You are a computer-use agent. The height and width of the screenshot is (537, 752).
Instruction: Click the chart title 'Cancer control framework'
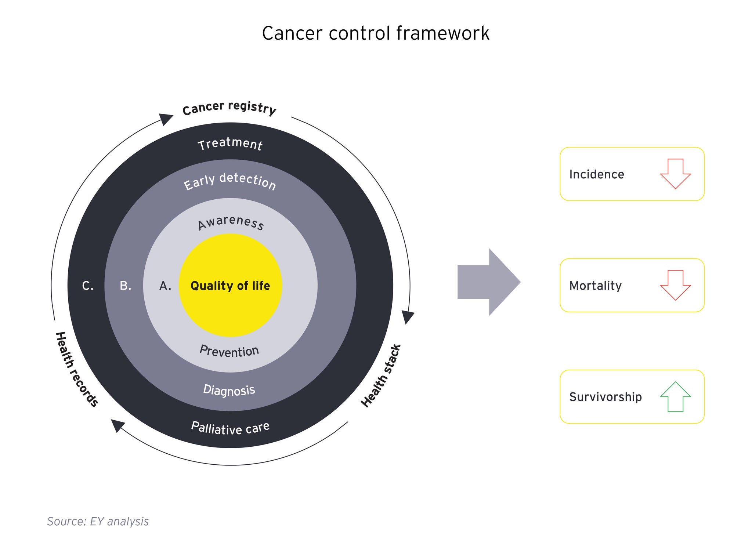click(x=375, y=33)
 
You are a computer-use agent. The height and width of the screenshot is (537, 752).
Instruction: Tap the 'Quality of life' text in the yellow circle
click(x=230, y=286)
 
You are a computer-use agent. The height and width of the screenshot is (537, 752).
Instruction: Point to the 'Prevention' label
click(x=229, y=351)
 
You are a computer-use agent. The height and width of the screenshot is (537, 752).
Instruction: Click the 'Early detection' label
click(x=230, y=181)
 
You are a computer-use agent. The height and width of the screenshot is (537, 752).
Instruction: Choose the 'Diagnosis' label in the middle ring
click(x=229, y=390)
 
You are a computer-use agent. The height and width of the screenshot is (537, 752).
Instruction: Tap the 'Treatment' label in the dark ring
click(x=230, y=144)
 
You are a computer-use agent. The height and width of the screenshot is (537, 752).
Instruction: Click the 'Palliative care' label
click(x=230, y=428)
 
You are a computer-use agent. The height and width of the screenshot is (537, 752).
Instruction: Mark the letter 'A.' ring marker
click(x=165, y=286)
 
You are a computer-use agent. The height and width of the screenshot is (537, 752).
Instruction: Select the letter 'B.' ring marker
click(x=126, y=286)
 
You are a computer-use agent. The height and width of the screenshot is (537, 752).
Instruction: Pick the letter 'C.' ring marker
click(x=88, y=286)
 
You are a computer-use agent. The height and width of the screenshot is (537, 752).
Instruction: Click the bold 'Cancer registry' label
click(x=229, y=108)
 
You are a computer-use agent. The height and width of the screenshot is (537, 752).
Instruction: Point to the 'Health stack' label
click(x=381, y=375)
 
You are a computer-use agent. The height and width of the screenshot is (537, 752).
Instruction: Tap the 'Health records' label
click(x=77, y=369)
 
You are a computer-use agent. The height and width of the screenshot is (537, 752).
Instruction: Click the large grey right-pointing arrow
click(x=489, y=282)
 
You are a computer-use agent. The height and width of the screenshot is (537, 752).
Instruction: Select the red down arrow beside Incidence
click(x=675, y=174)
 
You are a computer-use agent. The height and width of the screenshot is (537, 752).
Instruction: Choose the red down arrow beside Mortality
click(x=675, y=285)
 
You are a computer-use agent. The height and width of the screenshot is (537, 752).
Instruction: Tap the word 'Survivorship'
click(x=605, y=397)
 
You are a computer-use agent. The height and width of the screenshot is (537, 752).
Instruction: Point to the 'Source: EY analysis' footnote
click(x=98, y=521)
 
